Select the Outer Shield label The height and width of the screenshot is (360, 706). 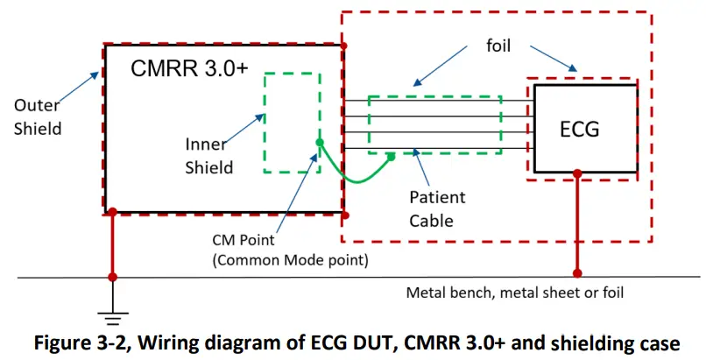tap(38, 116)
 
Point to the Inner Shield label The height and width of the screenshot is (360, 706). tap(209, 154)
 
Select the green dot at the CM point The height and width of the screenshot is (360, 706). tap(320, 142)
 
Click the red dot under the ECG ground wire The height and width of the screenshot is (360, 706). tap(576, 270)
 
